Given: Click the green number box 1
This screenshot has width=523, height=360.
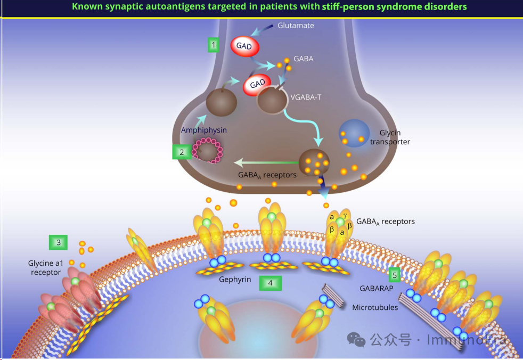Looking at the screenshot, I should pyautogui.click(x=214, y=45).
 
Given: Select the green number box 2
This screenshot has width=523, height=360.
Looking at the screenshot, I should pyautogui.click(x=182, y=152).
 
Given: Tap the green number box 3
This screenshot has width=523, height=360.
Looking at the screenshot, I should pyautogui.click(x=59, y=243).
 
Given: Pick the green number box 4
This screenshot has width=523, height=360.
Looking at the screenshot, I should pyautogui.click(x=270, y=283).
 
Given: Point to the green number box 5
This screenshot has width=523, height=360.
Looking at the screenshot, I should pyautogui.click(x=395, y=275).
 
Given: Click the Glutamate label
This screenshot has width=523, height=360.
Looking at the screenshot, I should pyautogui.click(x=296, y=26).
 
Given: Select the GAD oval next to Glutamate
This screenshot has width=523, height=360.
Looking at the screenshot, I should pyautogui.click(x=244, y=47).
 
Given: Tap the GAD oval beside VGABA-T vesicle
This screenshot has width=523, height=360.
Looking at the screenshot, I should pyautogui.click(x=257, y=84).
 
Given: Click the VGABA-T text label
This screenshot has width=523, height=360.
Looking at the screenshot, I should pyautogui.click(x=306, y=97).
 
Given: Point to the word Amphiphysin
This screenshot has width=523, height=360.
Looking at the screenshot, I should pyautogui.click(x=204, y=130).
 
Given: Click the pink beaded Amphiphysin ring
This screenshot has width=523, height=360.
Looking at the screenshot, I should pyautogui.click(x=208, y=150).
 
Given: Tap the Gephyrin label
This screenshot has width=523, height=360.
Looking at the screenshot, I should pyautogui.click(x=235, y=280).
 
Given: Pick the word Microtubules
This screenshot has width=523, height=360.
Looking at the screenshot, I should pyautogui.click(x=375, y=307).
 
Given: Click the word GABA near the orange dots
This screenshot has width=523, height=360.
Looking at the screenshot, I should pyautogui.click(x=304, y=59).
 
